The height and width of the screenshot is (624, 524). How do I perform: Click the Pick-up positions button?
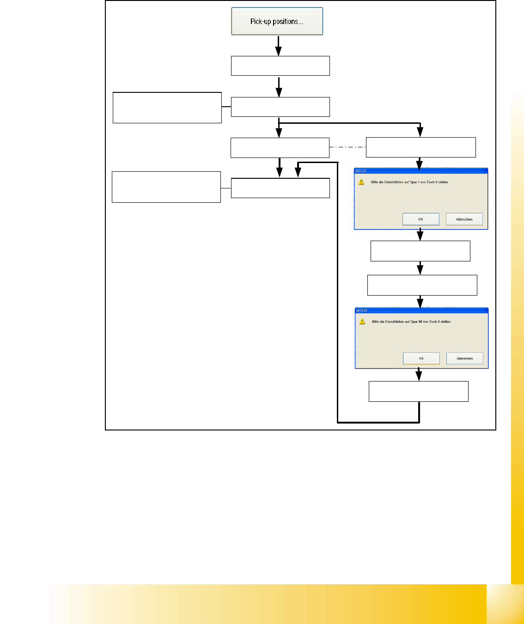tap(277, 21)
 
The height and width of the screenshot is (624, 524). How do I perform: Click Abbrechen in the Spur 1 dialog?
tap(464, 219)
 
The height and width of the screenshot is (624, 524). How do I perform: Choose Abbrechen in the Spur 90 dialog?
tap(464, 358)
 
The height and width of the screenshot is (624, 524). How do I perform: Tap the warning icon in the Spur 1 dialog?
tap(361, 182)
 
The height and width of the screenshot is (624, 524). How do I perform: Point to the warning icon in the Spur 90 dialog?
tap(362, 321)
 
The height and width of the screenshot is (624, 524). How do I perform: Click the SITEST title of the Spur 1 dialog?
tap(361, 171)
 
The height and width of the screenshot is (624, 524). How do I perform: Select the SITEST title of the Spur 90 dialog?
tap(362, 310)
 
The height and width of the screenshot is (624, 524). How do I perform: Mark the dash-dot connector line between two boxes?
tap(347, 147)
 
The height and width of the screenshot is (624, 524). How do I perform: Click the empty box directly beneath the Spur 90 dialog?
tap(418, 391)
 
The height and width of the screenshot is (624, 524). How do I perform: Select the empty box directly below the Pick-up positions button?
tap(280, 66)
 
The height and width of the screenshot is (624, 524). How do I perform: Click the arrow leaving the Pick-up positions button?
tap(278, 46)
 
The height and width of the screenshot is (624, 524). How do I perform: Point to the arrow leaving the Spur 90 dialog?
tap(419, 374)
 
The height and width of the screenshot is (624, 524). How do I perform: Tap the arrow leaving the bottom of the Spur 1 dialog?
tap(420, 235)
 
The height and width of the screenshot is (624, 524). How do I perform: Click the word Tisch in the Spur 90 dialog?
tap(433, 321)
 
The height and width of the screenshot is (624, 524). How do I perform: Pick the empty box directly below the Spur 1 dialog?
tap(420, 251)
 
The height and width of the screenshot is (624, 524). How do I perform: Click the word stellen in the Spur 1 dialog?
tap(443, 182)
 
